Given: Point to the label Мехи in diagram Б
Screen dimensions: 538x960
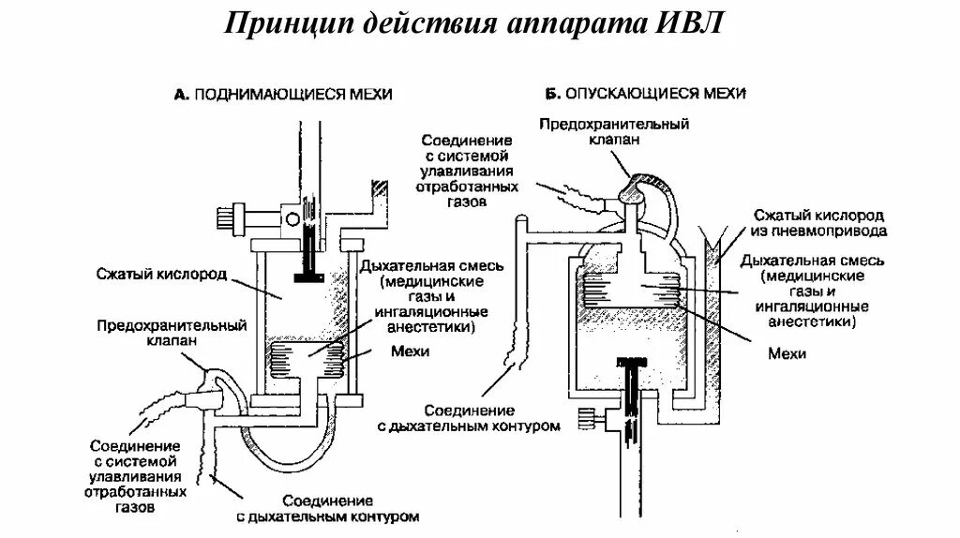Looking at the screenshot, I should (x=787, y=354).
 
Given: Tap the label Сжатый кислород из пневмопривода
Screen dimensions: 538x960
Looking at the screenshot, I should (x=818, y=222).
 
